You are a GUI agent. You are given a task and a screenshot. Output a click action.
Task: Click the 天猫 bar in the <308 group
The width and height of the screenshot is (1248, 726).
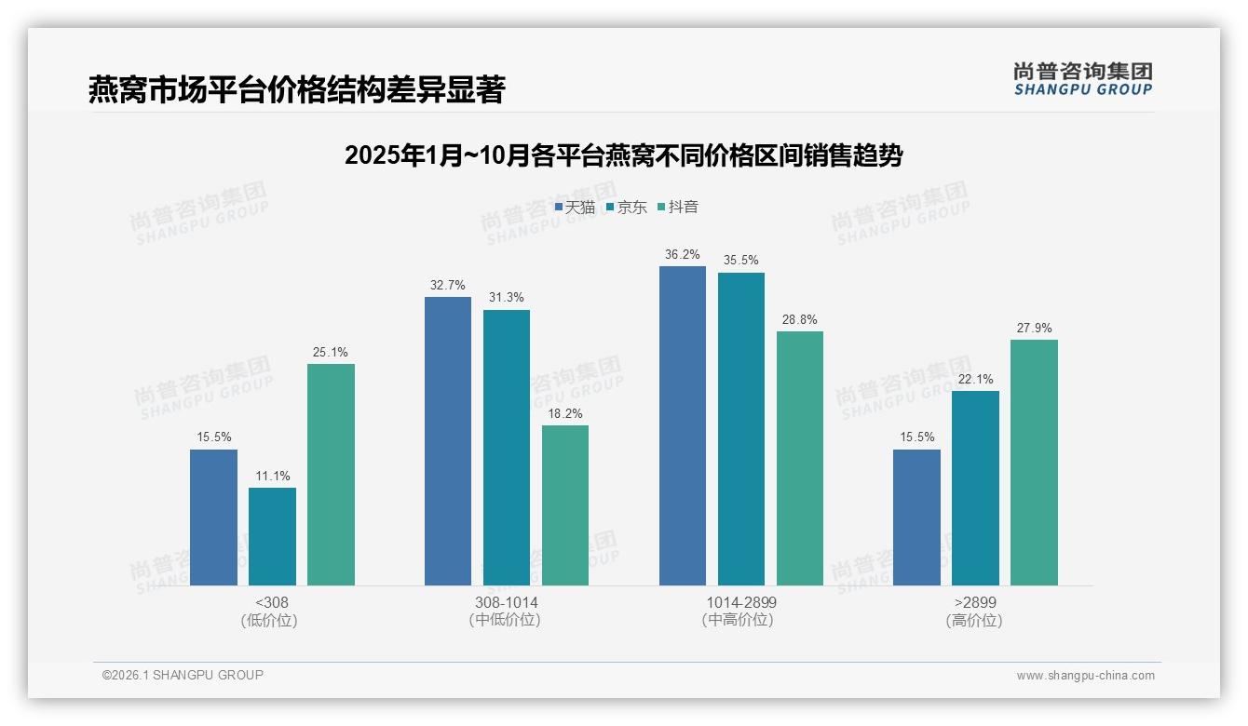213,518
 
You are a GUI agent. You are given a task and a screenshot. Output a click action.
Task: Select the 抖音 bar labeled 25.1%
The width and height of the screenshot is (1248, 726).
331,475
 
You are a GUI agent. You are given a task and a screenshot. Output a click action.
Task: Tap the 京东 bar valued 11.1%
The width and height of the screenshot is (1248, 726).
272,536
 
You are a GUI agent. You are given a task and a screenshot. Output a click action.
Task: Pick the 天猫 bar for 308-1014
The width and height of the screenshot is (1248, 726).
448,441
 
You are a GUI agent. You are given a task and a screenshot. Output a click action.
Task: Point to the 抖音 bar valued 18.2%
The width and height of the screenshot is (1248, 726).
565,505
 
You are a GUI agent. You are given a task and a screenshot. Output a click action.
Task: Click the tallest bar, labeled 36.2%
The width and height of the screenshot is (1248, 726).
683,425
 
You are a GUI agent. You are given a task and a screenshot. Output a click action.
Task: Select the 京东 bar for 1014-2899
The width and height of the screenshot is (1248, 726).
741,429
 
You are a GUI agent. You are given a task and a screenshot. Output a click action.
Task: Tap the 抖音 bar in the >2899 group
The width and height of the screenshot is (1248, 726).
1034,463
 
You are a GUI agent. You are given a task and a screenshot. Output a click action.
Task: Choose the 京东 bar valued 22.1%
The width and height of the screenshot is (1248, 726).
975,488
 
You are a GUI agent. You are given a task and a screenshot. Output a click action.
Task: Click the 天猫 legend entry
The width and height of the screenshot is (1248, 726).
576,207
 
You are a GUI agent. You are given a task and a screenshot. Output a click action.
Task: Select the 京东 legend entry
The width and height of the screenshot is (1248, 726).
627,207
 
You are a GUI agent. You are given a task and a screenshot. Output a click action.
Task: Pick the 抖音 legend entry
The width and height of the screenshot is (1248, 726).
678,207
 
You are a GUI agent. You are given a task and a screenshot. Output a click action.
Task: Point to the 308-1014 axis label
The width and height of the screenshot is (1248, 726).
506,602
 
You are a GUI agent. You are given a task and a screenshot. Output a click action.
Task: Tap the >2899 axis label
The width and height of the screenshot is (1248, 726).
974,602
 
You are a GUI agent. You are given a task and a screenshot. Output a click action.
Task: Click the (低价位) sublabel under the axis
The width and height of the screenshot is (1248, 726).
269,620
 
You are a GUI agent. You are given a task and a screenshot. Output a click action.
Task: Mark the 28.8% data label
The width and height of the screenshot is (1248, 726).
799,319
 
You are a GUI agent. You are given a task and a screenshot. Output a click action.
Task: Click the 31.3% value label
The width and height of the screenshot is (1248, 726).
506,298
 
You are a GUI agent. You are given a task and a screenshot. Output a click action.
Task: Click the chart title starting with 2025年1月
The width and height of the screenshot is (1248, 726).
623,155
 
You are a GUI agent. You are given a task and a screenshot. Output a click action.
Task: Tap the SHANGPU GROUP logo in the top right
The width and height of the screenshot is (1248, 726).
1082,78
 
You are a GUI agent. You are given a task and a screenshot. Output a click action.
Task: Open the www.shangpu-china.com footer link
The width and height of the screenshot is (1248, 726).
1085,676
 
